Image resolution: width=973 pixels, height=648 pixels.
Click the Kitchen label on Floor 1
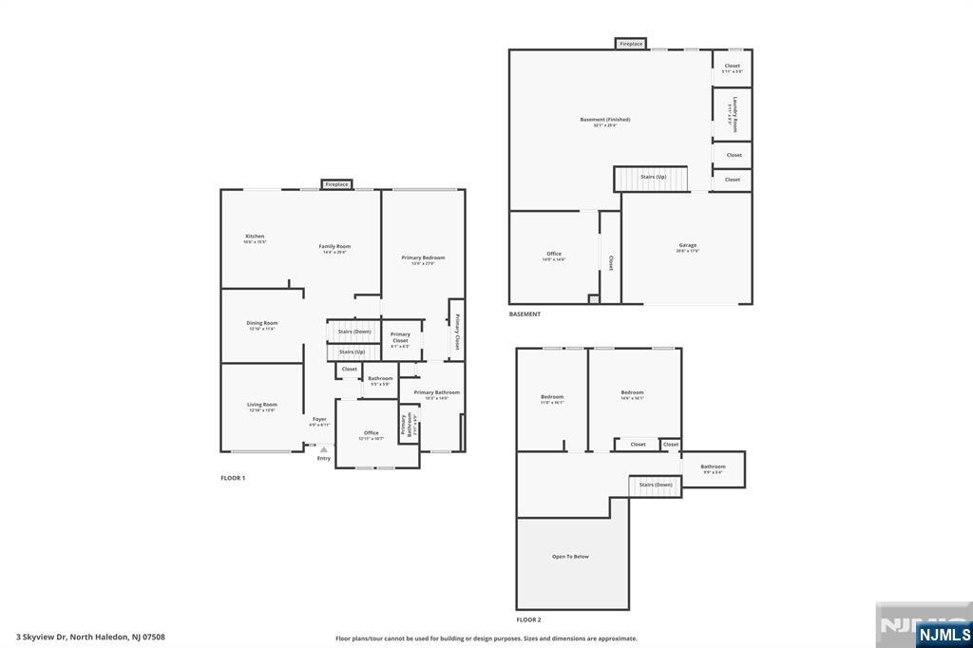tap(255, 237)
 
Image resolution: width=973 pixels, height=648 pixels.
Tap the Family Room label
tap(334, 247)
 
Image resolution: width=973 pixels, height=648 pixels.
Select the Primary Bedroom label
tap(423, 258)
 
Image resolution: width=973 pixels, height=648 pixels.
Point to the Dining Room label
tap(262, 324)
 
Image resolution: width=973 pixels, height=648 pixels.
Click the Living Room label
tap(262, 405)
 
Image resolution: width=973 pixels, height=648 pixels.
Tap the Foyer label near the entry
tap(319, 420)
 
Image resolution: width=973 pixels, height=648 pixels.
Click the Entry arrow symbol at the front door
tap(323, 450)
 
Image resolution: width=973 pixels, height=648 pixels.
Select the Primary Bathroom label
tap(437, 393)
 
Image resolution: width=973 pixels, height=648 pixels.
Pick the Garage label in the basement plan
tap(687, 246)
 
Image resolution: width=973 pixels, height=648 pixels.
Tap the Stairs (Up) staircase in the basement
tap(653, 178)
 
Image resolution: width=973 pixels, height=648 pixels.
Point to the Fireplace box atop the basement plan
tap(631, 44)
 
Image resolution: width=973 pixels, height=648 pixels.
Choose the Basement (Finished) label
tap(605, 121)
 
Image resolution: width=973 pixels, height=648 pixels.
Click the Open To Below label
tap(570, 557)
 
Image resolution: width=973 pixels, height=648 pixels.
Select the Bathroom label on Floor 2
tap(713, 467)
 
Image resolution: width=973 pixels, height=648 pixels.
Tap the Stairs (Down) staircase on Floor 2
tap(656, 486)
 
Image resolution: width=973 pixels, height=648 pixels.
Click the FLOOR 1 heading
tap(233, 478)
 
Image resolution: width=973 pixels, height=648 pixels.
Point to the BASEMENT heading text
tap(525, 314)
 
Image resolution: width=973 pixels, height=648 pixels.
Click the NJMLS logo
tap(944, 634)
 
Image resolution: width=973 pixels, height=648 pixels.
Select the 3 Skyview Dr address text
tap(90, 638)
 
